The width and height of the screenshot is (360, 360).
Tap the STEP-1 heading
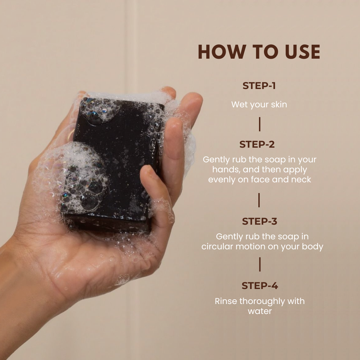click(x=259, y=86)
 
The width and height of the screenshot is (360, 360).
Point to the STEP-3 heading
click(x=260, y=221)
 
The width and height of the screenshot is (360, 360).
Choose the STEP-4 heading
click(x=260, y=286)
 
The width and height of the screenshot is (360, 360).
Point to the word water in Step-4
click(x=260, y=311)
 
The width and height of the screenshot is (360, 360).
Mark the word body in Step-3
click(x=313, y=247)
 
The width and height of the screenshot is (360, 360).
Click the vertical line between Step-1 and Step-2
click(x=260, y=124)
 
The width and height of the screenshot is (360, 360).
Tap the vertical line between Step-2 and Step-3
click(x=259, y=200)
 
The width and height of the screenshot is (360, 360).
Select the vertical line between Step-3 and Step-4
click(x=260, y=265)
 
